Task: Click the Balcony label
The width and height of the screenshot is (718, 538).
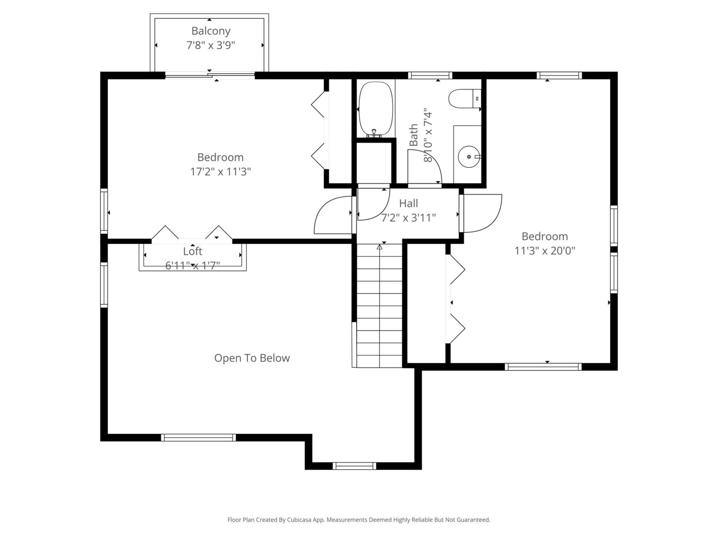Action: click(x=211, y=31)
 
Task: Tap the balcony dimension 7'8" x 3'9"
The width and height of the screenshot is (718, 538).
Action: click(x=211, y=45)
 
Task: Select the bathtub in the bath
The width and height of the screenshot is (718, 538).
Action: click(x=376, y=110)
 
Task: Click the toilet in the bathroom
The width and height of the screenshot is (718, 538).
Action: click(x=464, y=99)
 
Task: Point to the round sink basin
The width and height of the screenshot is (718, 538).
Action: click(x=469, y=156)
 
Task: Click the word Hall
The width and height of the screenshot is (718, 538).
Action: click(x=408, y=204)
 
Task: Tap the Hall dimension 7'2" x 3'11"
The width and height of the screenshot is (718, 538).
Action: click(x=408, y=218)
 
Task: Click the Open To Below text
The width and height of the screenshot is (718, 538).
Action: click(x=252, y=358)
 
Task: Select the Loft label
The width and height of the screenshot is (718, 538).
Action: click(x=192, y=252)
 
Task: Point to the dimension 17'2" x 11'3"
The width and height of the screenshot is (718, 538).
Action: click(x=221, y=172)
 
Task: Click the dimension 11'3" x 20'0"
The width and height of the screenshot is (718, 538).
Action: click(x=545, y=251)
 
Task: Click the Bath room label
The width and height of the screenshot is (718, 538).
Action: click(x=414, y=135)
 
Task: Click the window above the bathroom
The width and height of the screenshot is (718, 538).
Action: click(x=430, y=76)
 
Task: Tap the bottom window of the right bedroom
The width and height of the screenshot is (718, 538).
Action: click(x=543, y=366)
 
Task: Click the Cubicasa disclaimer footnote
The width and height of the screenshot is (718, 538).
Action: click(x=359, y=520)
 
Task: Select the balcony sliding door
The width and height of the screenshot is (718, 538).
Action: click(x=210, y=76)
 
